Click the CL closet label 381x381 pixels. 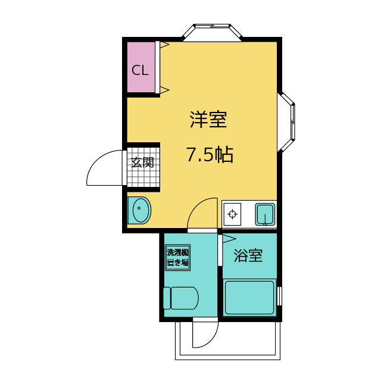[140, 70]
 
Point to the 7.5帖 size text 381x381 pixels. [210, 154]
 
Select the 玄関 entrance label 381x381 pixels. [143, 163]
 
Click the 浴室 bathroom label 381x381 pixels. [248, 255]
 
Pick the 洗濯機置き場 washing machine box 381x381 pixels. [177, 258]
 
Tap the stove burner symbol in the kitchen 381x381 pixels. [233, 214]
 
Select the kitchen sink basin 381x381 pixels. [265, 214]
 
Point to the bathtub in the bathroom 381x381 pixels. [249, 298]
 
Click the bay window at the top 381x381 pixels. [212, 33]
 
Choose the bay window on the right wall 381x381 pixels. [286, 122]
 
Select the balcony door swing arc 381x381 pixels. [212, 341]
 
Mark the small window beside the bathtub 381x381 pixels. [279, 296]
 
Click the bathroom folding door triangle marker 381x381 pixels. [229, 239]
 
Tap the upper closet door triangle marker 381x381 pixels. [164, 45]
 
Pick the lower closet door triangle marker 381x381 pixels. [164, 90]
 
